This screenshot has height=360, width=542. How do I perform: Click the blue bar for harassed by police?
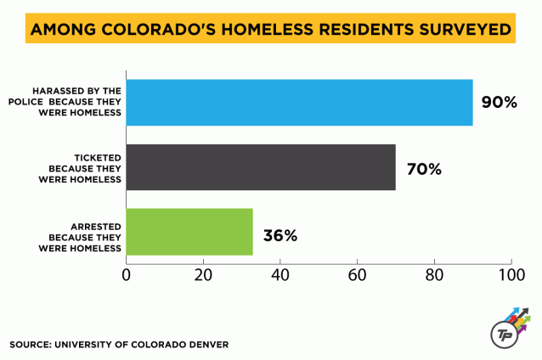tap(299, 103)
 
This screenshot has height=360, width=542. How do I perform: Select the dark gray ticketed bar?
tap(261, 167)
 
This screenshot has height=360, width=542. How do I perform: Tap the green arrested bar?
tap(189, 232)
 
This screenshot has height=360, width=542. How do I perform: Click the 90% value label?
tap(499, 103)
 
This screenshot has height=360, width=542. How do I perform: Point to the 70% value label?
tap(424, 168)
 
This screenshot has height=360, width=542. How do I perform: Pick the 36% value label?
tap(279, 235)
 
